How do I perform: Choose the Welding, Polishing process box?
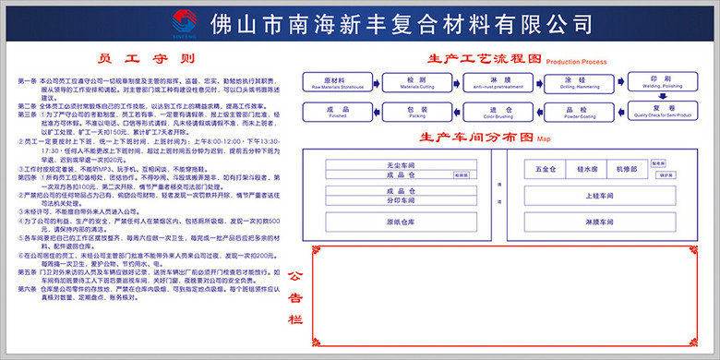(x=654, y=83)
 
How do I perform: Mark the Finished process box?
(x=331, y=113)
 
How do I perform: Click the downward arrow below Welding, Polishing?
(x=654, y=98)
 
